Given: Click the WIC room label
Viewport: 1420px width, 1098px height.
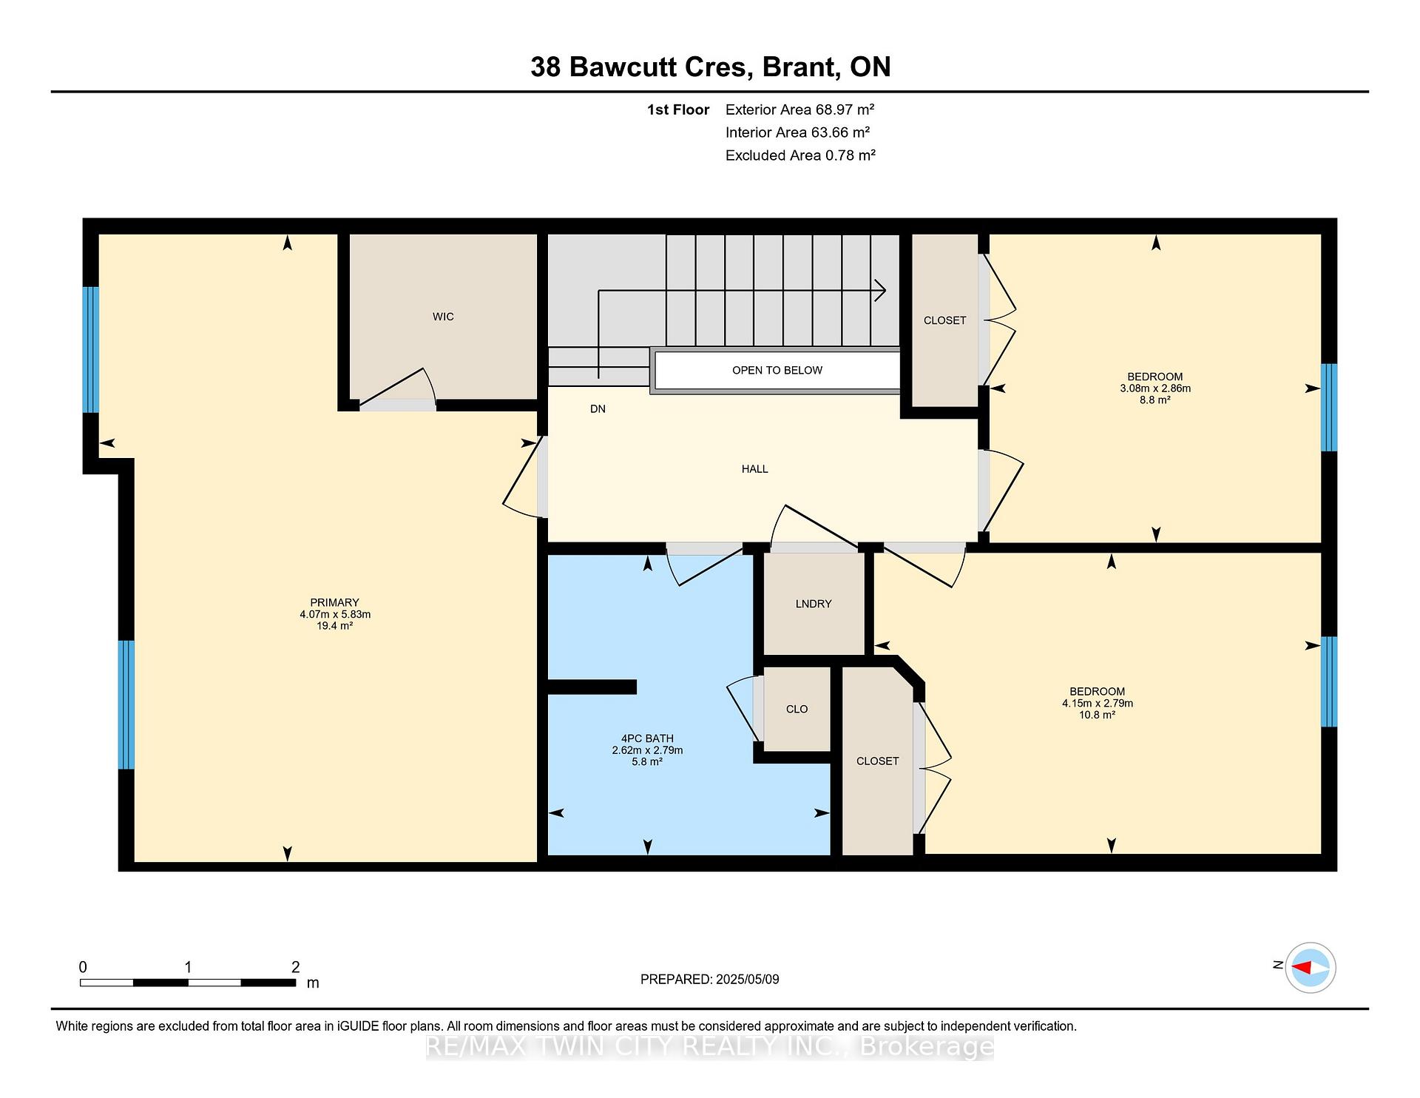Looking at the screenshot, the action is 443,317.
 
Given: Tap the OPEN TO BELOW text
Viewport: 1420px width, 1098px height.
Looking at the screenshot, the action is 777,370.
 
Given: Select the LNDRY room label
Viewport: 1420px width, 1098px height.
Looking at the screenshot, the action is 814,604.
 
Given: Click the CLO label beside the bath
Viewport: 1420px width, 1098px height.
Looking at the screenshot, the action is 797,709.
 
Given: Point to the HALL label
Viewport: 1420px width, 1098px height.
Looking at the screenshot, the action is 755,468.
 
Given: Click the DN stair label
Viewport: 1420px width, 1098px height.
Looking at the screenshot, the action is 598,408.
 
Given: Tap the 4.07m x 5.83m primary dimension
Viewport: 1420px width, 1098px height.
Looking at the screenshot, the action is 335,614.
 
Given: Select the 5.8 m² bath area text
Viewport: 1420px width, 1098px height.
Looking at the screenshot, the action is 647,761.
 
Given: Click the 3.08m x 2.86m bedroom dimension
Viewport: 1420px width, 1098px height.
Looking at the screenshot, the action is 1155,388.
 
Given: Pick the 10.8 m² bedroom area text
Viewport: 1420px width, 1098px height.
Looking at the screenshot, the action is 1098,715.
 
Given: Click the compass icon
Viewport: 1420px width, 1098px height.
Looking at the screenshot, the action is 1311,967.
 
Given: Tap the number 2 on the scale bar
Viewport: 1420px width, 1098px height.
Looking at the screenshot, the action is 296,966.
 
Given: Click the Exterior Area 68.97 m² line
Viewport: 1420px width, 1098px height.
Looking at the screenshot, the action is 799,110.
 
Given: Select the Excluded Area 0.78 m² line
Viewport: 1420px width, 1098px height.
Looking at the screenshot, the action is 800,155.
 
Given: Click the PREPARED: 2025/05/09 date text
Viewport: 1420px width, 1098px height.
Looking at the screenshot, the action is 710,979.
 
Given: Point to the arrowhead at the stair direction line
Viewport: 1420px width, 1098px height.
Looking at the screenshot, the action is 881,291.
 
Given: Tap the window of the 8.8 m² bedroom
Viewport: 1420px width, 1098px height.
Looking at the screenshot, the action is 1329,407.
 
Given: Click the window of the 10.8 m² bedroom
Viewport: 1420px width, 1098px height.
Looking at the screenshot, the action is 1329,681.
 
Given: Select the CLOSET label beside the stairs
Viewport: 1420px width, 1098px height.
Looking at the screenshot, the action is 944,320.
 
